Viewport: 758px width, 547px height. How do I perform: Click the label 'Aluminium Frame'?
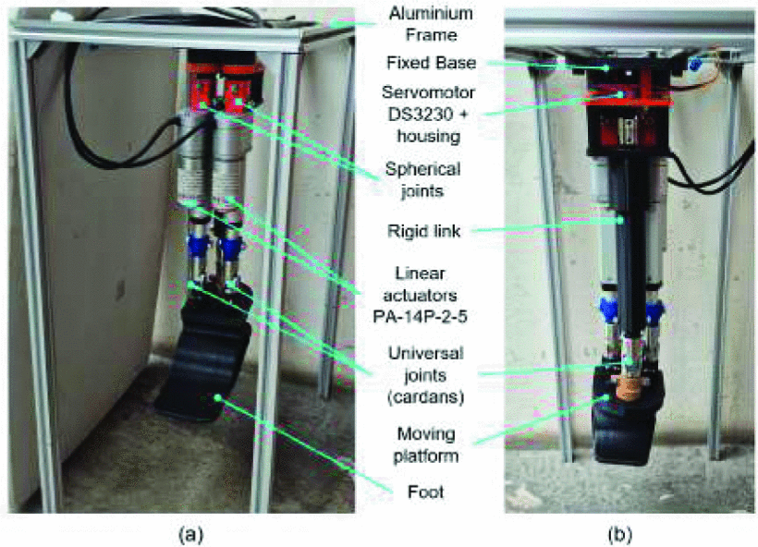click(x=431, y=24)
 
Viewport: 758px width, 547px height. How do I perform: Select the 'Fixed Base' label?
click(x=431, y=63)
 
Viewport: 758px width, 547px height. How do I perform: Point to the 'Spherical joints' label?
click(x=422, y=180)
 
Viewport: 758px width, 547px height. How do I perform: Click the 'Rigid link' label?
click(x=423, y=231)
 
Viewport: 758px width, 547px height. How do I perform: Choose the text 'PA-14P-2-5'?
click(x=420, y=317)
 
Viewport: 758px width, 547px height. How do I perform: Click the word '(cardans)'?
click(x=425, y=396)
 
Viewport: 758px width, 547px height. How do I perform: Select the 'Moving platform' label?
click(x=425, y=445)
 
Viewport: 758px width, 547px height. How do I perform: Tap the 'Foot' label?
click(x=425, y=492)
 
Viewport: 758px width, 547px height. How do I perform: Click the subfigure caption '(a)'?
click(x=191, y=535)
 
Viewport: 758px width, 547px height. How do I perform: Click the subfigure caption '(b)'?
click(x=619, y=535)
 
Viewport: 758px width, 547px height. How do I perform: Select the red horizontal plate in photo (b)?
click(x=629, y=103)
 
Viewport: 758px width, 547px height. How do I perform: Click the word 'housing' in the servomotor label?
click(x=428, y=136)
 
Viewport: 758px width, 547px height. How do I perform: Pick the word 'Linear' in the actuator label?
click(x=420, y=273)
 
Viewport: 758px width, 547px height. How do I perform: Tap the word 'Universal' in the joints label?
click(x=425, y=353)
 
